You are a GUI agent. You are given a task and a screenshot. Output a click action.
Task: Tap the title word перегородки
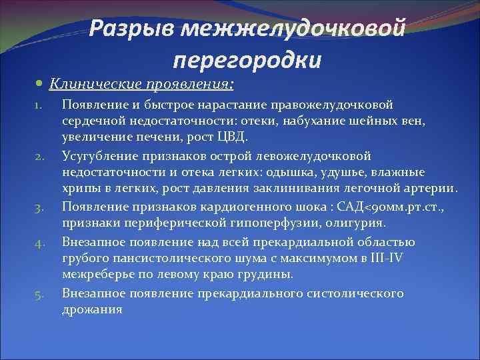(x=247, y=60)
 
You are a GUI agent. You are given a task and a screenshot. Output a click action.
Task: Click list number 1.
(x=39, y=105)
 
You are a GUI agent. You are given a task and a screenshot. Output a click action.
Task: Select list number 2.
(x=39, y=157)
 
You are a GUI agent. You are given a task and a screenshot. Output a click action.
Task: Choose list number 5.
(x=39, y=294)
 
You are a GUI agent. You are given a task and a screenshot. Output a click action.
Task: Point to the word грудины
(x=250, y=274)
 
